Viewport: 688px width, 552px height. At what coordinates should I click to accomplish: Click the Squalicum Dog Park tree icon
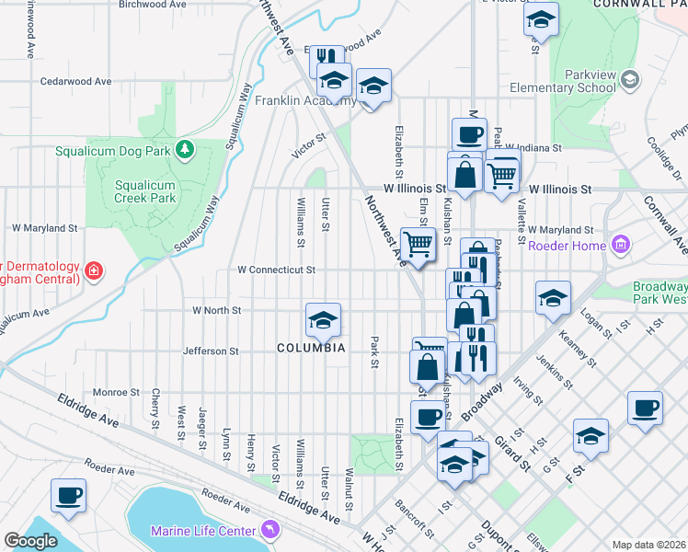pos(185,149)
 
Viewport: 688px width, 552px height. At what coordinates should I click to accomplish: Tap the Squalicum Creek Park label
pos(144,190)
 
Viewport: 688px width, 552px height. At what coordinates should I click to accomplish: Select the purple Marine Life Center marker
pos(269,529)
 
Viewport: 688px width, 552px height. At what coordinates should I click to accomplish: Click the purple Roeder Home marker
pos(621,246)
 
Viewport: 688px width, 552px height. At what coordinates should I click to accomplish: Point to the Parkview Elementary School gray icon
pos(629,79)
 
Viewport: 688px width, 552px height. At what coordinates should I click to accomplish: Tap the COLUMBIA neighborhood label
pos(312,348)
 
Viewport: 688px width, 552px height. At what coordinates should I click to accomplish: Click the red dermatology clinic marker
pos(93,270)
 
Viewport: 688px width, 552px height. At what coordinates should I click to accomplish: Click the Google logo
pos(30,541)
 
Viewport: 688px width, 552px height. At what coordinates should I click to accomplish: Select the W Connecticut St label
pos(276,270)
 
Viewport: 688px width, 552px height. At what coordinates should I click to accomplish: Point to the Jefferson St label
pos(211,351)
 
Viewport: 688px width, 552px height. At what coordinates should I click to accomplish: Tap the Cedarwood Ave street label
pos(75,81)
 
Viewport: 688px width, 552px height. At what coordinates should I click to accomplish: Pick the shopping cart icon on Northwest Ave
pos(418,245)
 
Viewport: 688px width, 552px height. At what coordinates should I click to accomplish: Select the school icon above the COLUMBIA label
pos(323,320)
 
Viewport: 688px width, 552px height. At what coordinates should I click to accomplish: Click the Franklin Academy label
pos(304,100)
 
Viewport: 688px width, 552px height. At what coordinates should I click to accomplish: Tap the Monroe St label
pos(115,392)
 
